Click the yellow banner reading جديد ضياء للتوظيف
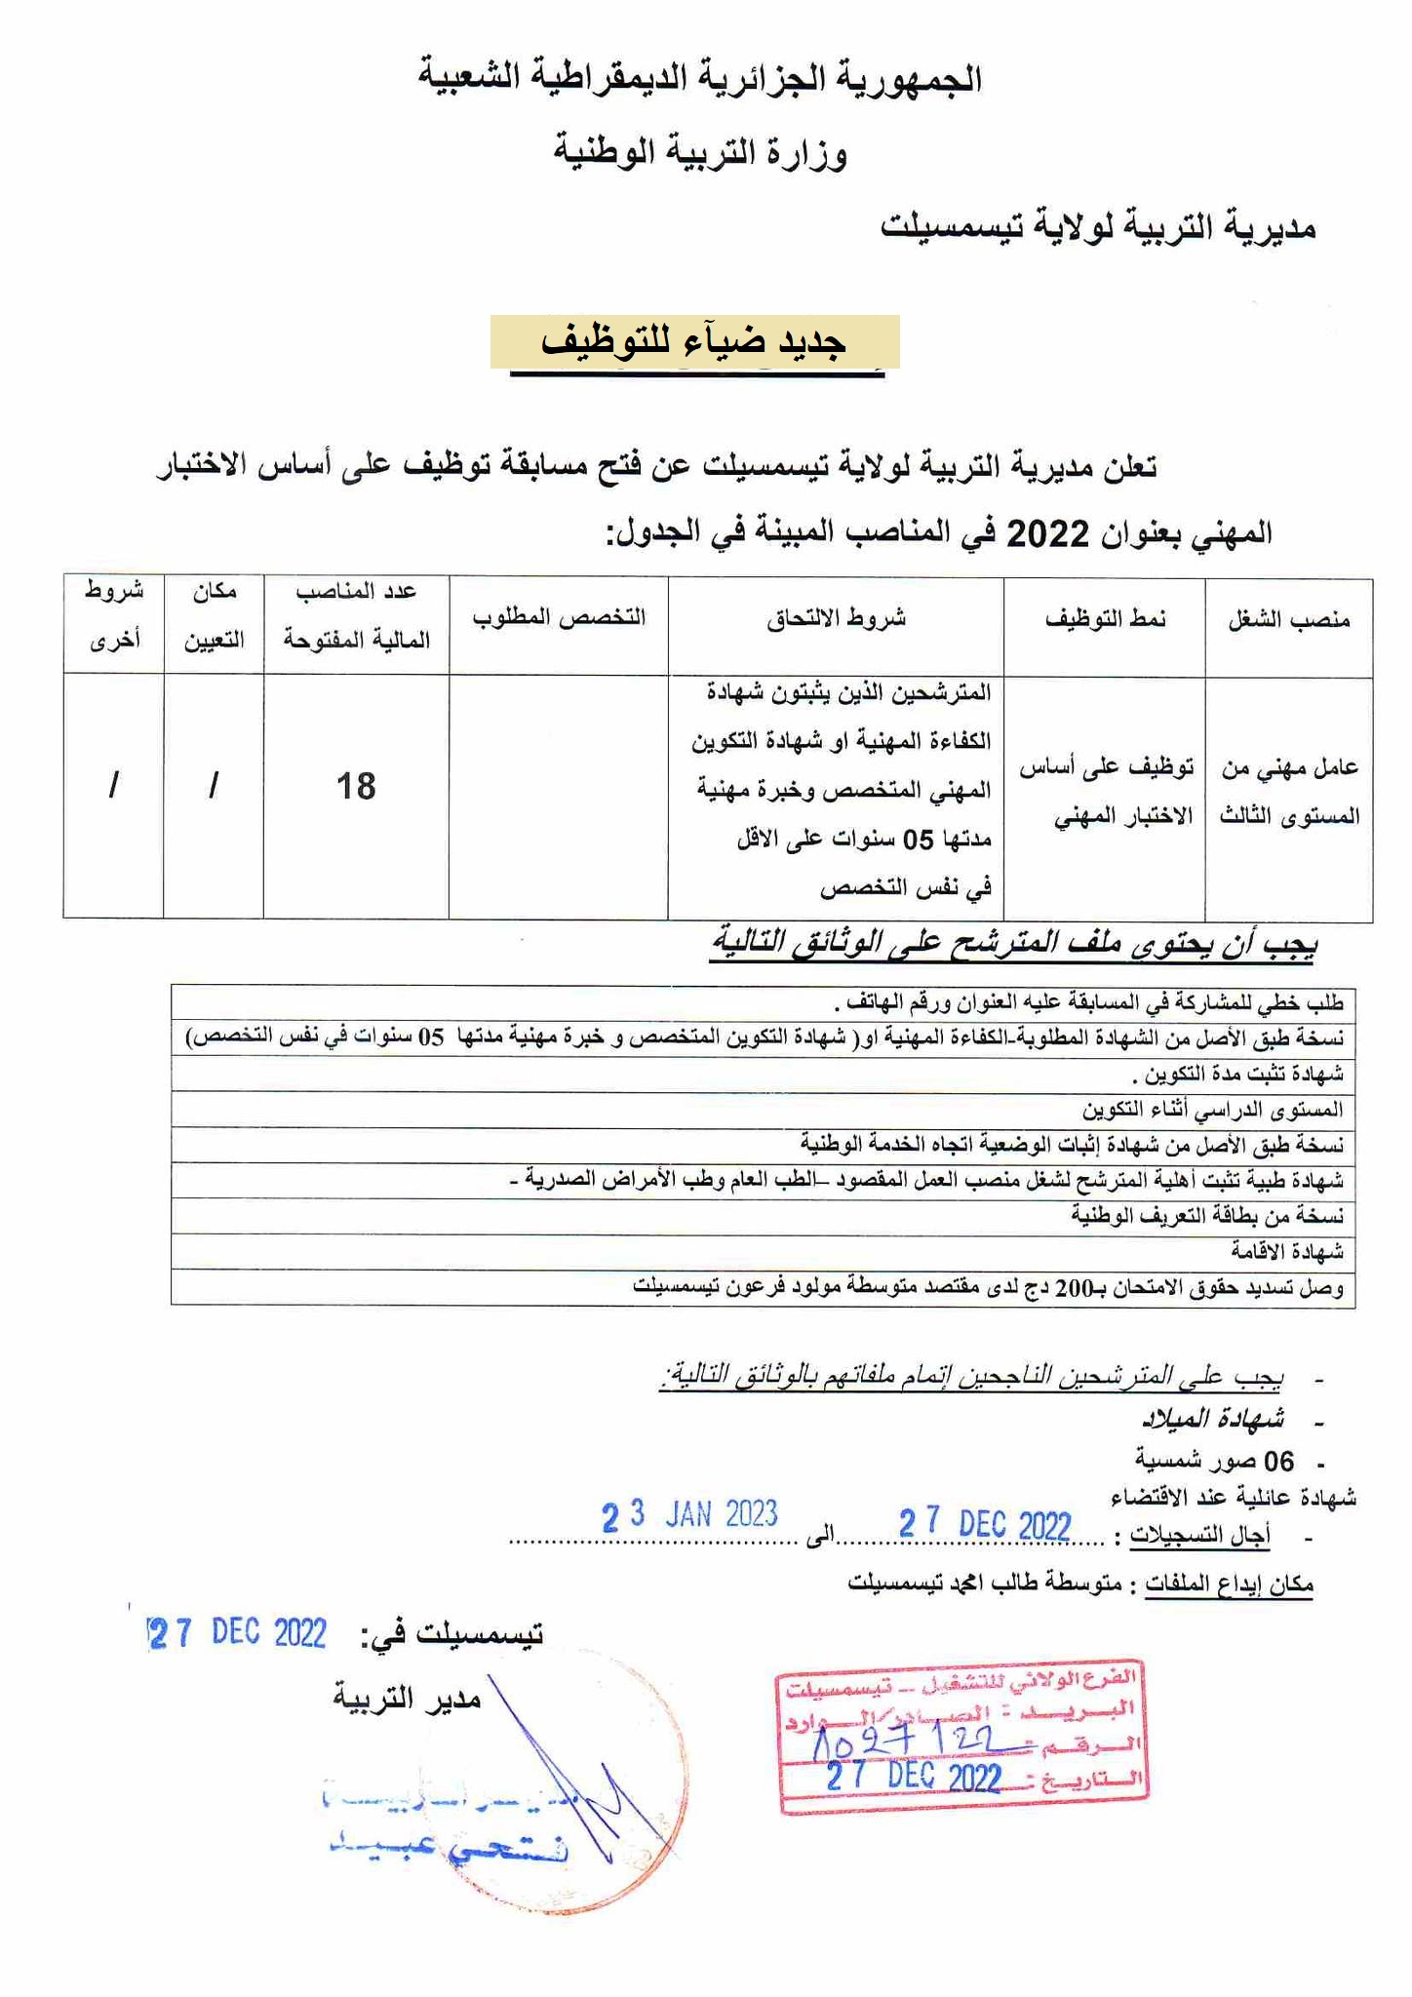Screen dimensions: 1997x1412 click(x=694, y=341)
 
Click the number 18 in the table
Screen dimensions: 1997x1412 click(x=356, y=786)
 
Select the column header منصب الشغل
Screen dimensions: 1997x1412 click(x=1289, y=620)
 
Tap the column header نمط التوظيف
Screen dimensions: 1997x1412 click(x=1106, y=619)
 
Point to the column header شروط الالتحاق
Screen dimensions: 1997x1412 click(x=837, y=618)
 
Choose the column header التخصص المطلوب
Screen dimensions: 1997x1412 click(x=559, y=618)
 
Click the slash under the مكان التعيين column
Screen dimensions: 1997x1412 click(x=214, y=786)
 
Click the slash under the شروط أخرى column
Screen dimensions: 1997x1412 click(x=114, y=786)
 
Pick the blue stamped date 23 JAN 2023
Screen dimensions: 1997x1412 click(x=689, y=1515)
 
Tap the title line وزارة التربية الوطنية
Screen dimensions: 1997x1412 click(x=700, y=153)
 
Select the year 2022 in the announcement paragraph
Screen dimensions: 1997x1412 click(x=1046, y=533)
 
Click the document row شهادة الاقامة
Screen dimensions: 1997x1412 click(x=1286, y=1251)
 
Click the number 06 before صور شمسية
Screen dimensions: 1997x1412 click(x=1278, y=1461)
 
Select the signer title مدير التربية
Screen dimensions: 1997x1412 click(x=408, y=1698)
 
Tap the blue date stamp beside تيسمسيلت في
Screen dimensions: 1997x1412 click(x=237, y=1633)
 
